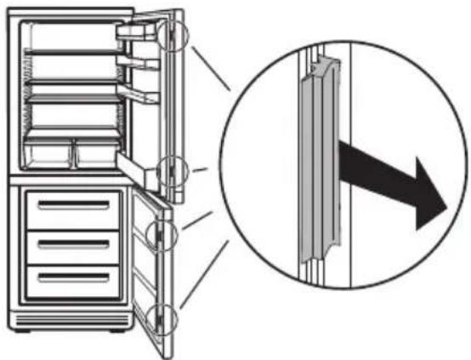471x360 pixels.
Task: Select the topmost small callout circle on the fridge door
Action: pos(171,35)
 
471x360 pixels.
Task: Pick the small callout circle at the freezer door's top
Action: pos(161,231)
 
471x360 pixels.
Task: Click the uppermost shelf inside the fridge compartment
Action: pos(71,54)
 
